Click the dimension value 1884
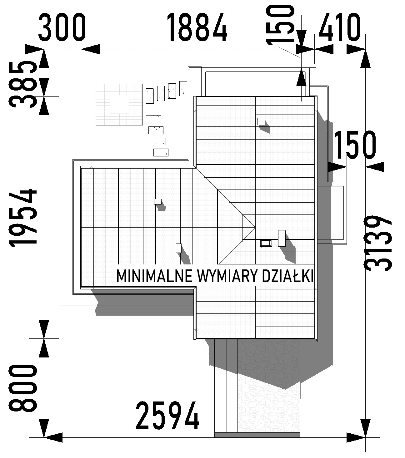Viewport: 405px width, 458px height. point(197,27)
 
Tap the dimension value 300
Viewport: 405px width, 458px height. point(62,27)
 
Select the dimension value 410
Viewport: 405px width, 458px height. point(339,27)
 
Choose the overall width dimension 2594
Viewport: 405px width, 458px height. point(167,416)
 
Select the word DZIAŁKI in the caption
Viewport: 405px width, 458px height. point(288,276)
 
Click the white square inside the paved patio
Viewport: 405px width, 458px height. point(119,104)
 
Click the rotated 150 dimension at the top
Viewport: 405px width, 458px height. point(281,25)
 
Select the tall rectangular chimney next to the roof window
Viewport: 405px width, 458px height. point(282,238)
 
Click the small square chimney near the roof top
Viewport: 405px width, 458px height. point(261,121)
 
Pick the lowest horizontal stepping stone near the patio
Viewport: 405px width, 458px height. point(161,152)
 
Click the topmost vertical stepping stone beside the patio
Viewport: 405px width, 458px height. point(183,89)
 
